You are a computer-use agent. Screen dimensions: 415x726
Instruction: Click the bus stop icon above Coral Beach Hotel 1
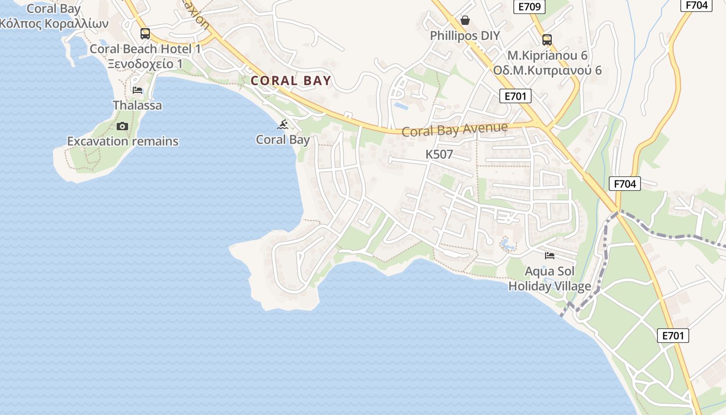click(145, 34)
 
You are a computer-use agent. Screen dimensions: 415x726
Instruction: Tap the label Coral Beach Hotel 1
click(145, 49)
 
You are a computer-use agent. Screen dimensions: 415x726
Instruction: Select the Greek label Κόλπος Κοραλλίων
click(54, 23)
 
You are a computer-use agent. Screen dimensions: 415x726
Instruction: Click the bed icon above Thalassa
click(137, 90)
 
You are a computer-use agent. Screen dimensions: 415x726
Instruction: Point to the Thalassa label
click(137, 105)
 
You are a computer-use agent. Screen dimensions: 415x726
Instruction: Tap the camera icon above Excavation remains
click(122, 126)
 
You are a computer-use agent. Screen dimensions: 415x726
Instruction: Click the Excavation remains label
click(123, 141)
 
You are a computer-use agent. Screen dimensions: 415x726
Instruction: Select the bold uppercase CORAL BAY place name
click(291, 80)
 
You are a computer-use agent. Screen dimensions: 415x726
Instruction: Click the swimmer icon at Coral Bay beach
click(283, 125)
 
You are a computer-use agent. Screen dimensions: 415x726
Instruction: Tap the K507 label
click(439, 154)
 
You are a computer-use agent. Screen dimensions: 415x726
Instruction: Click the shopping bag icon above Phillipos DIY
click(465, 20)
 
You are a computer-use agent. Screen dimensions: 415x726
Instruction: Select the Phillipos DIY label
click(465, 36)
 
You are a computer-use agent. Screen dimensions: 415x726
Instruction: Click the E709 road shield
click(529, 7)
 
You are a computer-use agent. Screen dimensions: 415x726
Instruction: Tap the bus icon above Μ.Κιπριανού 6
click(547, 39)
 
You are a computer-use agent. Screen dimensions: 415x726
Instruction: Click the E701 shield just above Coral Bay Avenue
click(515, 95)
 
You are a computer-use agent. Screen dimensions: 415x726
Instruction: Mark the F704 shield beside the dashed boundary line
click(625, 183)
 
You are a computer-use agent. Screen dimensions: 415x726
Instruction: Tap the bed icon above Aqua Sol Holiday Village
click(550, 255)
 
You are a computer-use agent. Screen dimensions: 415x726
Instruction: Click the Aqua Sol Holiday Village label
click(550, 279)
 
